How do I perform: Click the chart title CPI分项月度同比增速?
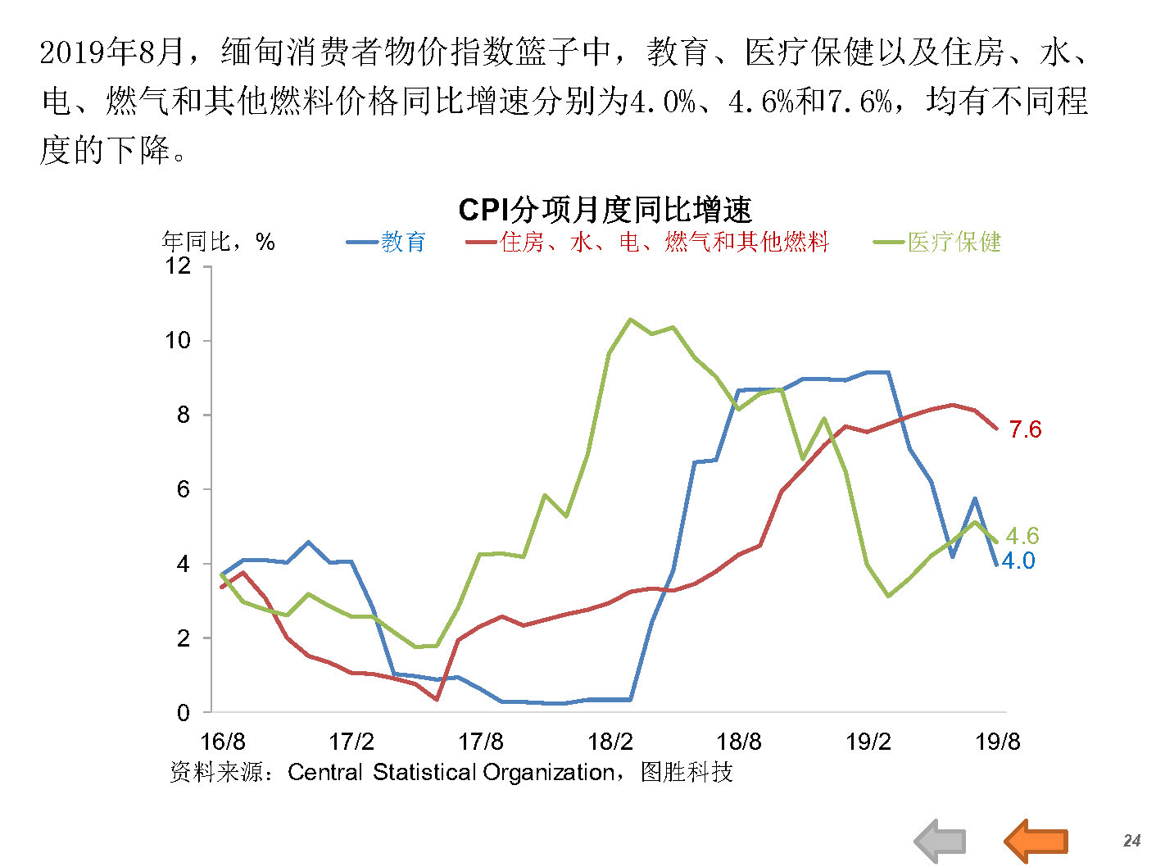(x=605, y=211)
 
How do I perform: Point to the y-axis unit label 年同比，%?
(x=218, y=242)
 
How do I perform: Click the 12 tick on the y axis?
(x=178, y=266)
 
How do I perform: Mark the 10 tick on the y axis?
(x=178, y=340)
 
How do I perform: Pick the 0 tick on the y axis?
(x=184, y=712)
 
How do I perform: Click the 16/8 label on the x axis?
(x=222, y=742)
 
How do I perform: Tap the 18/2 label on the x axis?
(x=610, y=742)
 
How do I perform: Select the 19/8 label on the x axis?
(x=997, y=742)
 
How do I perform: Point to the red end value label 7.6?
(x=1025, y=429)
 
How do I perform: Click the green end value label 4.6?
(x=1022, y=536)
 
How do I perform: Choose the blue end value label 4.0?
(x=1018, y=561)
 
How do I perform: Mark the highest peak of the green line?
(x=630, y=319)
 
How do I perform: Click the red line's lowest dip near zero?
(x=437, y=699)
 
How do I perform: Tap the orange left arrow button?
(x=1036, y=841)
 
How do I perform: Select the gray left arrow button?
(x=940, y=841)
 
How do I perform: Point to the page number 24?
(x=1131, y=841)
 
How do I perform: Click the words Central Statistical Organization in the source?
(x=451, y=772)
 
